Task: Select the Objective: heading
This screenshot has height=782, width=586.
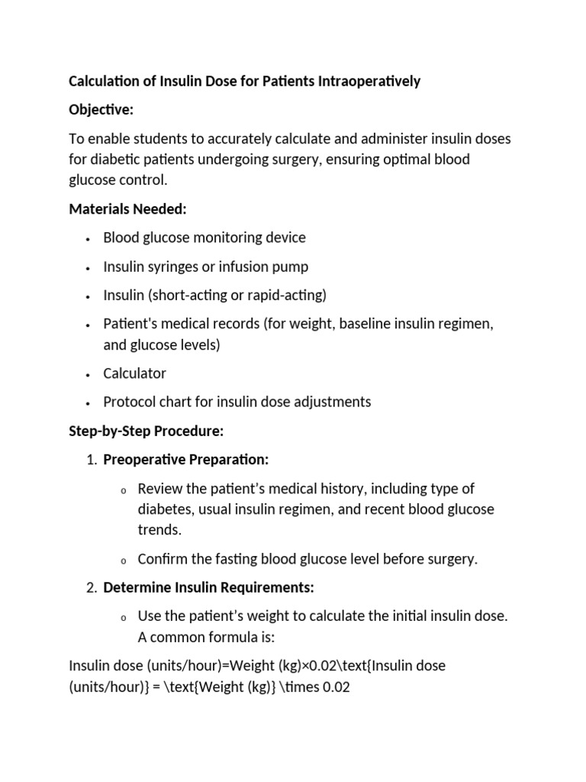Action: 101,110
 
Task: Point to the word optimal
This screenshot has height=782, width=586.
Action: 406,159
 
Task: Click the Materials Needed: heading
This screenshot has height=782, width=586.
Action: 127,208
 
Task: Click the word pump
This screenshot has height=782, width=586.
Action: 292,267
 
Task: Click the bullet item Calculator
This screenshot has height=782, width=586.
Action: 134,373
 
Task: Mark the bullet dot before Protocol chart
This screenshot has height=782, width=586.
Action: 89,402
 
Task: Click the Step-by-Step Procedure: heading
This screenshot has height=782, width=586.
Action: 146,431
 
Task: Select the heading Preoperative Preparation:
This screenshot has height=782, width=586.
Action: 186,460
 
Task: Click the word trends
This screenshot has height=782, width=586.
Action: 158,529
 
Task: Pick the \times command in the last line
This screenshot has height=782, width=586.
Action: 294,687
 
